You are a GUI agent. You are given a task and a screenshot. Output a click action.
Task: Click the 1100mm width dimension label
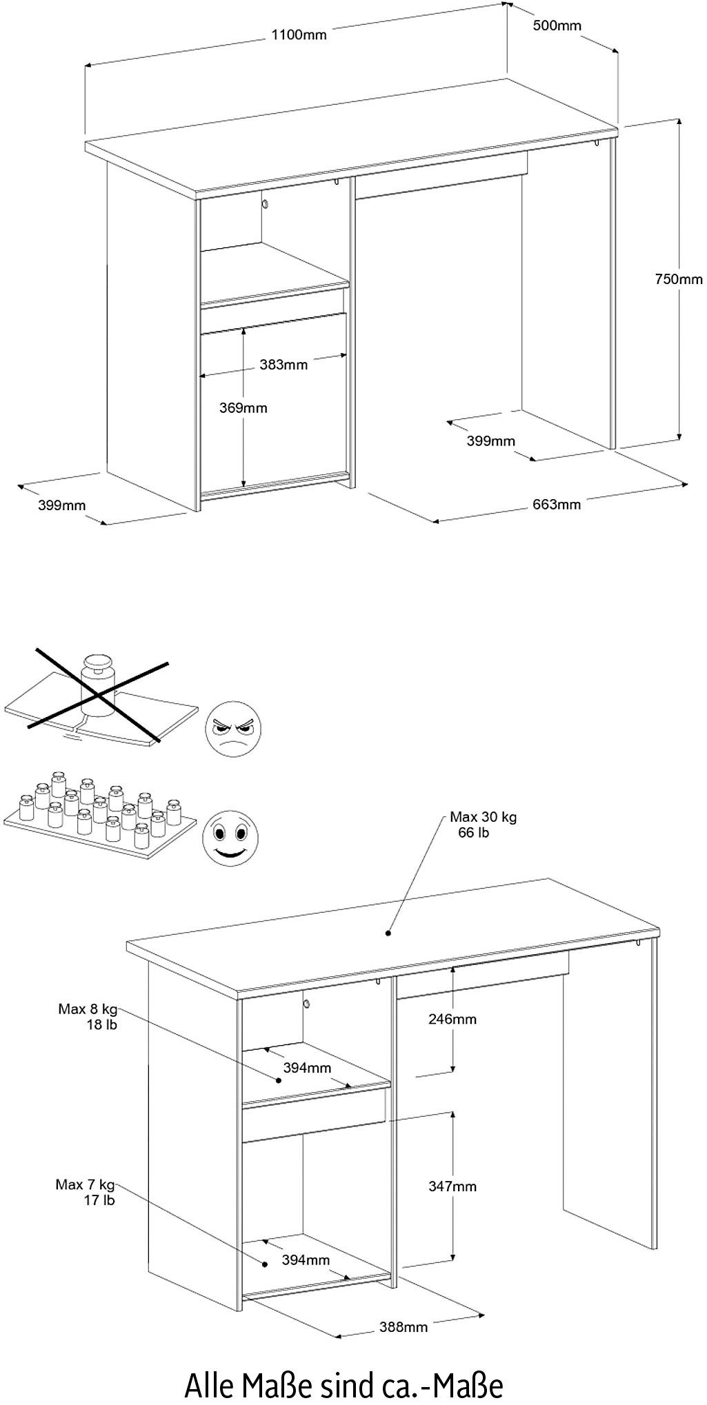click(297, 35)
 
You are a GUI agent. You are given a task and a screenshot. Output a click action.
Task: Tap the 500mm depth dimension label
click(557, 26)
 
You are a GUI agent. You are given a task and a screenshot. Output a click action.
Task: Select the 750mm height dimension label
click(679, 279)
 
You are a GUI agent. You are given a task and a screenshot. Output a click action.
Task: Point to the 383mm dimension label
click(283, 365)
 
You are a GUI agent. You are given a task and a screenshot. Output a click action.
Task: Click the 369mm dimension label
click(243, 408)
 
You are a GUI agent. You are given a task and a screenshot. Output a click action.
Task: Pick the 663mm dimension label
click(557, 505)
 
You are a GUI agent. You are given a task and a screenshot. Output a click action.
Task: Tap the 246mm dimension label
click(452, 1019)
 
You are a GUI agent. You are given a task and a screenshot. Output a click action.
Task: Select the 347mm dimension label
click(452, 1186)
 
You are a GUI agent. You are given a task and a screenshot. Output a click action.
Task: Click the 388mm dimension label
click(403, 1326)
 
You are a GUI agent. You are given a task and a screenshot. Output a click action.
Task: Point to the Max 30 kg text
click(483, 818)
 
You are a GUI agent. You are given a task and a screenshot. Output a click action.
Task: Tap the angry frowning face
click(234, 729)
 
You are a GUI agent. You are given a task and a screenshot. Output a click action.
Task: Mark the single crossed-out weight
click(97, 688)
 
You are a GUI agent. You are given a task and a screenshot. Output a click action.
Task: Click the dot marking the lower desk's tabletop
click(388, 933)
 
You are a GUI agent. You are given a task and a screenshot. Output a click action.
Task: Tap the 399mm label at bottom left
click(62, 506)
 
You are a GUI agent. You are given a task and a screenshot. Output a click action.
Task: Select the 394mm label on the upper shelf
click(307, 1068)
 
